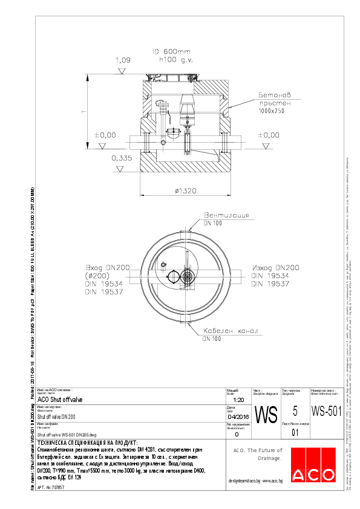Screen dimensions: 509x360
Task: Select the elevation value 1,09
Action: pos(123,60)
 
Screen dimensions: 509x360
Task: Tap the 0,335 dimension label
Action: pos(122,158)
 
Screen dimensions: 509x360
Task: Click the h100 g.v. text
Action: pos(175,60)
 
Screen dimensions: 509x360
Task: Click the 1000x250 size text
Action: pos(271,112)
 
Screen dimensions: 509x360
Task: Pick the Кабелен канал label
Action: pos(231,331)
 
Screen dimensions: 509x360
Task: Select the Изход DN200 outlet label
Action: pos(276,267)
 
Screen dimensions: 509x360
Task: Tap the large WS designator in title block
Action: pos(266,415)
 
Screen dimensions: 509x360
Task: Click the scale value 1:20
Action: pos(238,400)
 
